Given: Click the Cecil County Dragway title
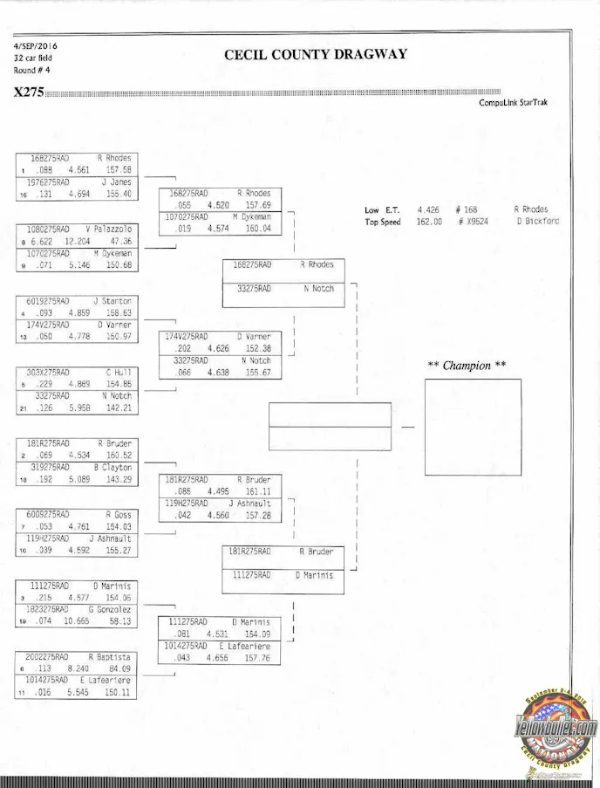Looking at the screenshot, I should click(316, 54).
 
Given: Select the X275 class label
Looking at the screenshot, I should click(29, 93).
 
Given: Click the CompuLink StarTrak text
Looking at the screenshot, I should click(513, 102).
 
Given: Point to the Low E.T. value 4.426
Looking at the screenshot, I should click(427, 209).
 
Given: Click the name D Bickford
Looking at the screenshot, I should click(537, 222).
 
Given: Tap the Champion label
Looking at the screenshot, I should click(467, 366).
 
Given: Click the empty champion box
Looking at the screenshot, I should click(473, 427).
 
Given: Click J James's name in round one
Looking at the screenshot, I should click(115, 182).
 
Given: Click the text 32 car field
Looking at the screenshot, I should click(32, 58).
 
